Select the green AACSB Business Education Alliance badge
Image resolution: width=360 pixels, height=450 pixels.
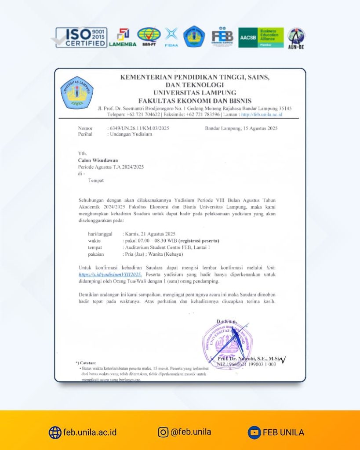point(261,37)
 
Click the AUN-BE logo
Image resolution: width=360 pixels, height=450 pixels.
point(297,38)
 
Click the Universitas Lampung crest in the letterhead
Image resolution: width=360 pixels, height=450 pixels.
point(77,93)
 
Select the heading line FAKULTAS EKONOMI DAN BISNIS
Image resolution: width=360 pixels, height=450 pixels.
point(195,101)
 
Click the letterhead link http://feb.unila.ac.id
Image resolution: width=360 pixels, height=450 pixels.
point(262,114)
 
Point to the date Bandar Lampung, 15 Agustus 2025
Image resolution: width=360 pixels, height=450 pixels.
point(241,128)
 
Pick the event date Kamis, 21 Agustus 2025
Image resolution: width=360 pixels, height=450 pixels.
point(150,234)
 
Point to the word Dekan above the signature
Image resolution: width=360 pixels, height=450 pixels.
point(229,322)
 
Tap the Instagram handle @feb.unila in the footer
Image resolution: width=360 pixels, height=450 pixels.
point(190,432)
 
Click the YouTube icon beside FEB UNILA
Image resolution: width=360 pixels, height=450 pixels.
point(253,432)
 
